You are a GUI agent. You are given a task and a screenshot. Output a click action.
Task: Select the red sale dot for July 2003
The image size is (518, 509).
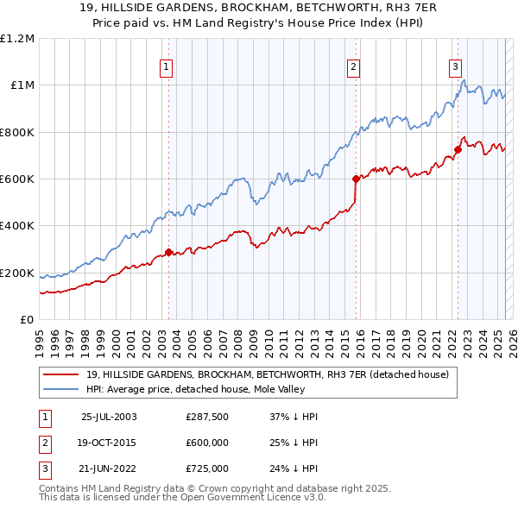pos(169,252)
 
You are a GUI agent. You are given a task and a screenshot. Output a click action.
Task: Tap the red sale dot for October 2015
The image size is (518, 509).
pos(356,179)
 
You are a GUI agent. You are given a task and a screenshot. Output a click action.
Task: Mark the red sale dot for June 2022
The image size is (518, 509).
pos(458,150)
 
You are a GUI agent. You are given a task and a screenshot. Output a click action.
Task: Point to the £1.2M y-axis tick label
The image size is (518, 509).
pos(17,39)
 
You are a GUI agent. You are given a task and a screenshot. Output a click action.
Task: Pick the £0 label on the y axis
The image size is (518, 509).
pos(26,320)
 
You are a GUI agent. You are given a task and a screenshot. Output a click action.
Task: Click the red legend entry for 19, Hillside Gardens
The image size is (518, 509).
pos(267,375)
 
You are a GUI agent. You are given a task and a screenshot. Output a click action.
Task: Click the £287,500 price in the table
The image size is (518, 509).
pos(207,416)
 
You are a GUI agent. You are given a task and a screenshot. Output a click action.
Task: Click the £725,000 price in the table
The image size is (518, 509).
pos(207,469)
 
